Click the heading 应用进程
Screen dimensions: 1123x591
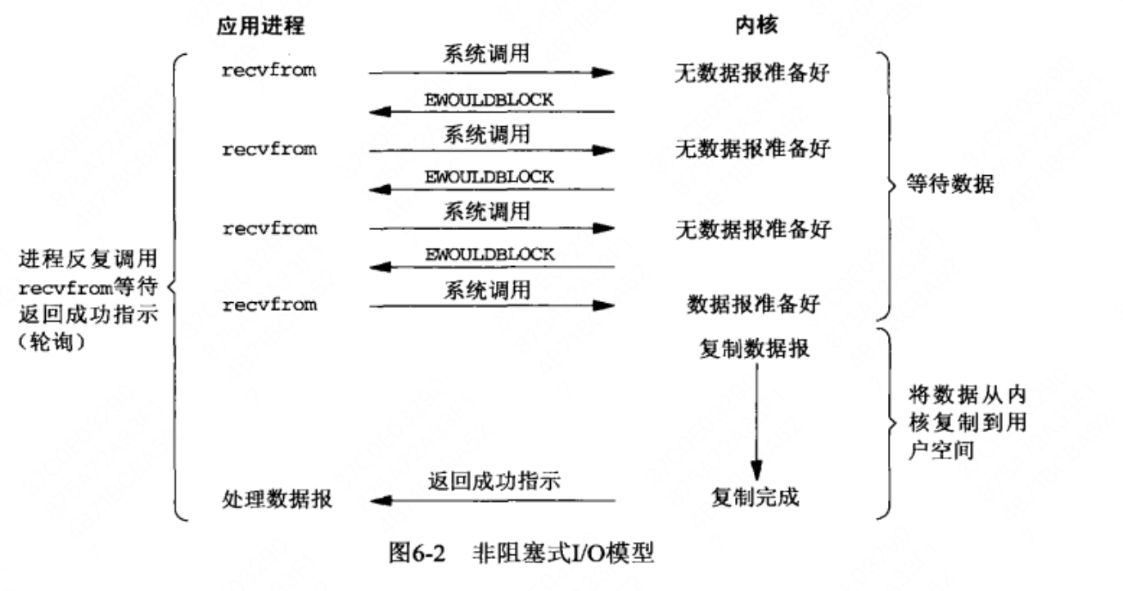click(260, 26)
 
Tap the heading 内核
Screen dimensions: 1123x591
click(756, 25)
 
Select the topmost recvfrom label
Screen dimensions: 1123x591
click(269, 70)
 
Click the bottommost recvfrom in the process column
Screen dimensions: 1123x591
click(270, 305)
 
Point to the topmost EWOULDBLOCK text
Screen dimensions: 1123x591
click(489, 100)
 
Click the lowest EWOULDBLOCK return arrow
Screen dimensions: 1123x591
click(492, 267)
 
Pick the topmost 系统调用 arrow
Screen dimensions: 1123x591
click(492, 73)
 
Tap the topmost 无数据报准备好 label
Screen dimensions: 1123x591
click(752, 73)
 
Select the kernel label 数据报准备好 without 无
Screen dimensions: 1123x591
click(754, 304)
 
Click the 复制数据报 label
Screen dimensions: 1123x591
click(755, 349)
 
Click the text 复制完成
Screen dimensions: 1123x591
click(755, 497)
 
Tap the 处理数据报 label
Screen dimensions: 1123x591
click(277, 499)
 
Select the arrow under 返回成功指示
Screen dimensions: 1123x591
click(493, 500)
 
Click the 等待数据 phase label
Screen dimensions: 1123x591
click(950, 184)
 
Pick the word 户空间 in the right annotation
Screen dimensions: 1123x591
click(941, 449)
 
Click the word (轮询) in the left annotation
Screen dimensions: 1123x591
click(52, 342)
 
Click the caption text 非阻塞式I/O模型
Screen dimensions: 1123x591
click(563, 553)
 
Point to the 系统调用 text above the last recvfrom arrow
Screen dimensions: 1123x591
click(487, 291)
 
